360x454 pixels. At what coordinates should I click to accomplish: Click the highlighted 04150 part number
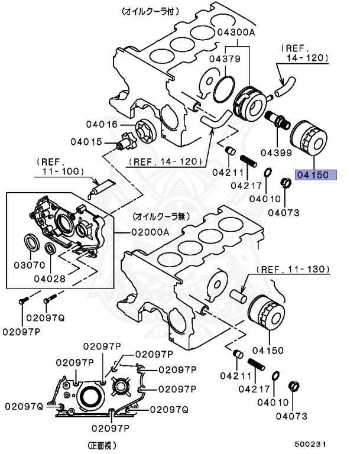[x=316, y=174]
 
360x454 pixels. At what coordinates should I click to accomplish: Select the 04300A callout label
[x=235, y=33]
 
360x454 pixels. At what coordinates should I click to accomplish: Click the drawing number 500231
[x=312, y=443]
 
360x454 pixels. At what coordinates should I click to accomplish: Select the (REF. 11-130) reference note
[x=292, y=269]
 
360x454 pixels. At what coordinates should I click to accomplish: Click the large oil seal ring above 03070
[x=33, y=243]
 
